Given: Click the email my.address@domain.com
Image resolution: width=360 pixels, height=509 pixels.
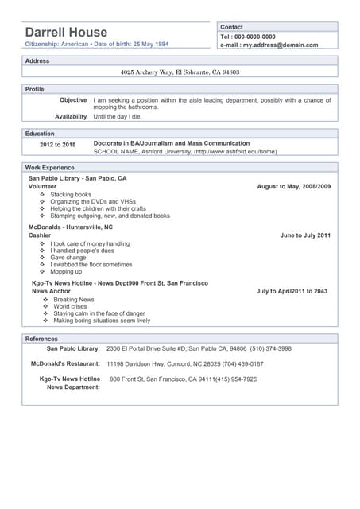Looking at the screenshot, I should [281, 45].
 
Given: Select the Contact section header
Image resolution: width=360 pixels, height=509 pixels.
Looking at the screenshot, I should [231, 27].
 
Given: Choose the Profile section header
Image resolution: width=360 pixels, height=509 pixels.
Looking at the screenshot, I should [35, 89].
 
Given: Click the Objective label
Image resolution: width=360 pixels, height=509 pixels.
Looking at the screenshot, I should [73, 100].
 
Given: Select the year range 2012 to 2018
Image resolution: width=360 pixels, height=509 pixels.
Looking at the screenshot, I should [58, 145].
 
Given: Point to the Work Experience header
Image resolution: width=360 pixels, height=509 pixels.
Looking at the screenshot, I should [49, 168].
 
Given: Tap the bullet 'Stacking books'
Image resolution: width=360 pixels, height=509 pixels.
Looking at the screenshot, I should [71, 194].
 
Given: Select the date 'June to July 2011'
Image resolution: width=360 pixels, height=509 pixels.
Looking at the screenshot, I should [305, 235].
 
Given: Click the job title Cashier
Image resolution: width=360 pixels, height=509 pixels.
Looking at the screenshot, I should [40, 235].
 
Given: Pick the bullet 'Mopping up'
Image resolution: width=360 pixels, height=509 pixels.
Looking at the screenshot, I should [66, 271].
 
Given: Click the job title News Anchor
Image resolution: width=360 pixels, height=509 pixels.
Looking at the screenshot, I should [51, 291].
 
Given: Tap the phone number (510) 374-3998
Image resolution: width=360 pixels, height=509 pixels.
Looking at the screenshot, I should [271, 348].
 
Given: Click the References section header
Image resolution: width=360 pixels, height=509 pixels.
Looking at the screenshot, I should [41, 339].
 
